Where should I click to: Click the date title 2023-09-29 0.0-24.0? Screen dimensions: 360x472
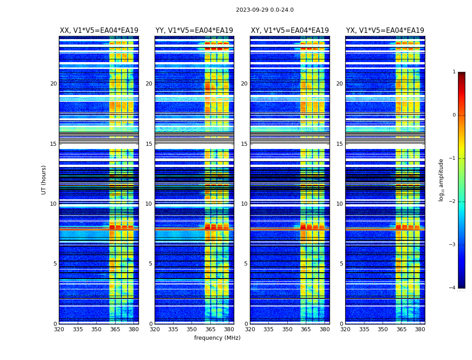[265, 10]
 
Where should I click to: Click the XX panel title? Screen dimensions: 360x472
[99, 31]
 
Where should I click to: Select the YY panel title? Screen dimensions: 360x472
[194, 31]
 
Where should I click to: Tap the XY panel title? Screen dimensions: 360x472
[289, 31]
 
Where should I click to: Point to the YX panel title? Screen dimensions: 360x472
[385, 31]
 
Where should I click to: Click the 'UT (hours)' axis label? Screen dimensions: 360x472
[44, 180]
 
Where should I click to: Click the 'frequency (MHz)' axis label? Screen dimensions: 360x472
[217, 338]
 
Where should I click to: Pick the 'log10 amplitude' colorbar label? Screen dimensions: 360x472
[441, 180]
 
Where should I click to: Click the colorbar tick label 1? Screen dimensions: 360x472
[454, 72]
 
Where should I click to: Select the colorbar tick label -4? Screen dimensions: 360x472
[453, 288]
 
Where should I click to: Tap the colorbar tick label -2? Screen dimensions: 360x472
[453, 202]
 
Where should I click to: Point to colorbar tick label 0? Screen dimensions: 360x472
[454, 115]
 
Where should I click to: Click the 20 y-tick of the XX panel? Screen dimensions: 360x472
[53, 84]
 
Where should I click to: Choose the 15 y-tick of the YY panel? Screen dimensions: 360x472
[149, 144]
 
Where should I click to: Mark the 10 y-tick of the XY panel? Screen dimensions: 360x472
[244, 204]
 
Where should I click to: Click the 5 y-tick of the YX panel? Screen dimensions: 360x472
[341, 264]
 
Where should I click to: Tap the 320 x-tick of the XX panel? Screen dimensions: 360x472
[59, 329]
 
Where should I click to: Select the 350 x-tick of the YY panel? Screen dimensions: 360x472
[192, 329]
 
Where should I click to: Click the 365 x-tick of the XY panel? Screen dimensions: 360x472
[306, 329]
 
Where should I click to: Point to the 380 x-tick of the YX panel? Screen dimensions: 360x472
[420, 329]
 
